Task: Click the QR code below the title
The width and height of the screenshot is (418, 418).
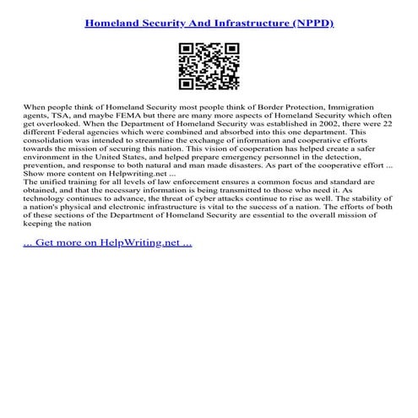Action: (209, 66)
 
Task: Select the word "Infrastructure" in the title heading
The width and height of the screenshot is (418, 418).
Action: (233, 22)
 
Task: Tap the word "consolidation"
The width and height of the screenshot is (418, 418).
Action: (51, 140)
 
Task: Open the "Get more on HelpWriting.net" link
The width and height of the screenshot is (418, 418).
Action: (108, 243)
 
